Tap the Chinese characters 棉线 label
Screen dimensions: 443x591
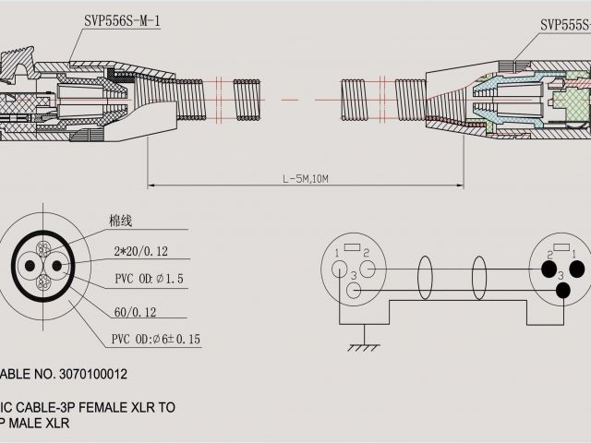[121, 221]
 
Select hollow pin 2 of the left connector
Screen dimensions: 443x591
[368, 269]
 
